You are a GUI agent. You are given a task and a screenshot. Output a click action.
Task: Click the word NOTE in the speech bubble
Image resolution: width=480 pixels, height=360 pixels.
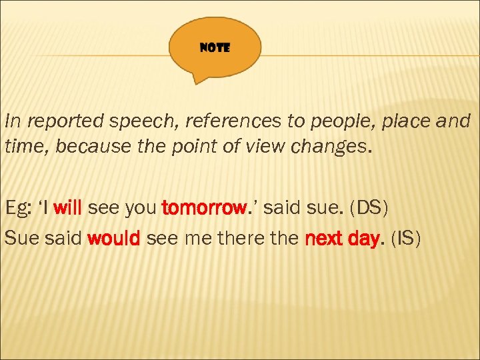215,49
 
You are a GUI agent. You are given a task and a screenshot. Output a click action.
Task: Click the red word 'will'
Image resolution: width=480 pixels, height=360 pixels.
67,209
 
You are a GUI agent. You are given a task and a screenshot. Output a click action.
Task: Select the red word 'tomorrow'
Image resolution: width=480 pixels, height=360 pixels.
203,209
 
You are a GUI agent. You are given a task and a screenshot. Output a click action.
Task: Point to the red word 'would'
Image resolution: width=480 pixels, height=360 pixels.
113,239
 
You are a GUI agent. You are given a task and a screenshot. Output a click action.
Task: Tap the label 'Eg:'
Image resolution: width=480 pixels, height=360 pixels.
18,209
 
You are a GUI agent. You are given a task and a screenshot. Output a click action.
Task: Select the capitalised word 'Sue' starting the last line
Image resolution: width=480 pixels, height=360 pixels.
20,239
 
